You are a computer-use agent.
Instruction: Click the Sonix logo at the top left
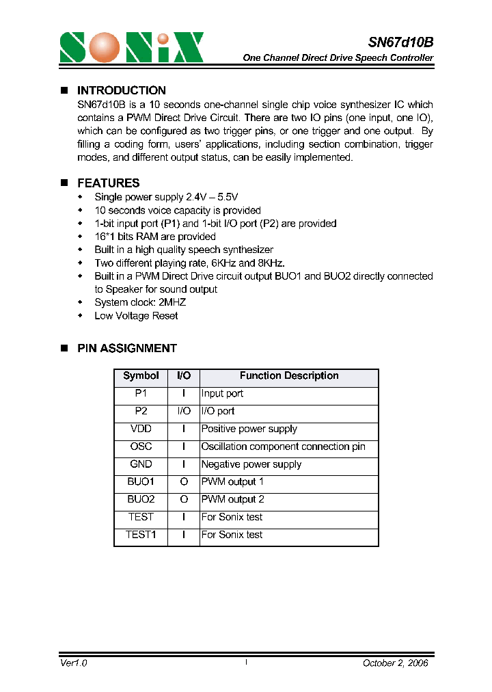pos(131,48)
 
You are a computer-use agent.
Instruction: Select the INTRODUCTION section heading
pos(121,90)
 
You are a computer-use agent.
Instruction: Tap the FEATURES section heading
pos(108,183)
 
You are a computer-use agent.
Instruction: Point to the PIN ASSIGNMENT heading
pos(126,348)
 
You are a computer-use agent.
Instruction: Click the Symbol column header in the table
pos(141,376)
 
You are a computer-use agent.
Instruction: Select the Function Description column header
pos(288,376)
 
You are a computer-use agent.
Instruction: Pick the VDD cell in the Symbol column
pos(141,429)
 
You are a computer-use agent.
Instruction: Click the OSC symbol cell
pos(141,447)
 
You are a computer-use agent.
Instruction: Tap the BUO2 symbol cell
pos(141,500)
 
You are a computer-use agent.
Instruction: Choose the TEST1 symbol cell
pos(141,535)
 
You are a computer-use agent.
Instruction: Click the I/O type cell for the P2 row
pos(184,411)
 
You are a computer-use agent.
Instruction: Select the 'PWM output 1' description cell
pos(232,482)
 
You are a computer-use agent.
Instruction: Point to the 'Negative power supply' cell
pos(251,464)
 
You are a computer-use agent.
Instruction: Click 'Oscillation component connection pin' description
pos(283,447)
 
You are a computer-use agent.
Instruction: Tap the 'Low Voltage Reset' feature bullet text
pos(136,316)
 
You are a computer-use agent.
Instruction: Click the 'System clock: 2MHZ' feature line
pos(140,302)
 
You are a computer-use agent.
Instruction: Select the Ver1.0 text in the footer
pos(74,663)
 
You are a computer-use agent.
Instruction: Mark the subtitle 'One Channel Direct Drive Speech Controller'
pos(338,58)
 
